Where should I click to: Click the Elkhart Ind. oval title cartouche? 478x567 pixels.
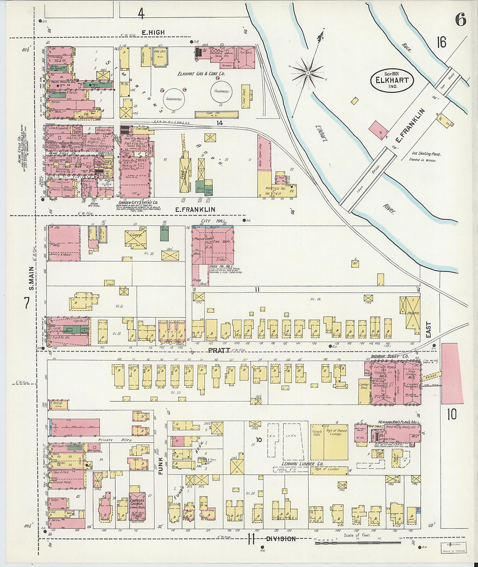tap(392, 80)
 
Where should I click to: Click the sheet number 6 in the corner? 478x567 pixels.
tap(461, 19)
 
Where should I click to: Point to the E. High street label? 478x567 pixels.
tap(153, 33)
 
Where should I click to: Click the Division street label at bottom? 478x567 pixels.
tap(281, 539)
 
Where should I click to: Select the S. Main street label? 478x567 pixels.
tap(31, 278)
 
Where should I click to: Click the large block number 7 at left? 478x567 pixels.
tap(27, 303)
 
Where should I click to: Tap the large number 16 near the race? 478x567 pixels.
tap(441, 42)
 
